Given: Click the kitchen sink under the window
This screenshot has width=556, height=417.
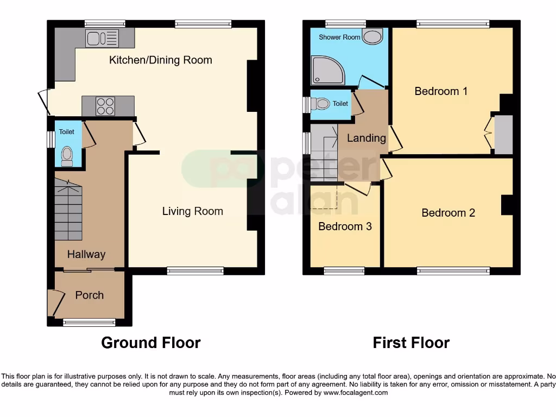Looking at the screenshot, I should pyautogui.click(x=102, y=38).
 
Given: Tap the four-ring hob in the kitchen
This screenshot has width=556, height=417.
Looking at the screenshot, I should pyautogui.click(x=105, y=106).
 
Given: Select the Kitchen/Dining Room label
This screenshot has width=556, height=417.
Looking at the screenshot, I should pyautogui.click(x=160, y=60).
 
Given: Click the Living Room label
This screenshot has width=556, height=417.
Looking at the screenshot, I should pyautogui.click(x=192, y=211).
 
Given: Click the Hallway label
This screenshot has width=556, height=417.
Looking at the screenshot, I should pyautogui.click(x=86, y=254).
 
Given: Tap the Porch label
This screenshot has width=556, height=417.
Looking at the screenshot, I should pyautogui.click(x=90, y=295).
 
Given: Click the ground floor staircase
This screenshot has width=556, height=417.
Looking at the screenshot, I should pyautogui.click(x=68, y=212).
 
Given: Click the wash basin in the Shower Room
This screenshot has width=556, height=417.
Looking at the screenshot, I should pyautogui.click(x=372, y=37).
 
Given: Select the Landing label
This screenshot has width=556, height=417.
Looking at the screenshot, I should pyautogui.click(x=367, y=138).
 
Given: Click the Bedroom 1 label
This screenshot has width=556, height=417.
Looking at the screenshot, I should pyautogui.click(x=441, y=91).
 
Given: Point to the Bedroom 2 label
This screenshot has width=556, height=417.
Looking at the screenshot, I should pyautogui.click(x=448, y=213).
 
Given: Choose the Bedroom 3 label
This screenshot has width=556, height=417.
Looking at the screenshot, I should pyautogui.click(x=345, y=226).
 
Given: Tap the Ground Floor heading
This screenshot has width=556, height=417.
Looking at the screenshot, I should pyautogui.click(x=151, y=343).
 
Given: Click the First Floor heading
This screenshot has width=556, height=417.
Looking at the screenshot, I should pyautogui.click(x=411, y=343).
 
